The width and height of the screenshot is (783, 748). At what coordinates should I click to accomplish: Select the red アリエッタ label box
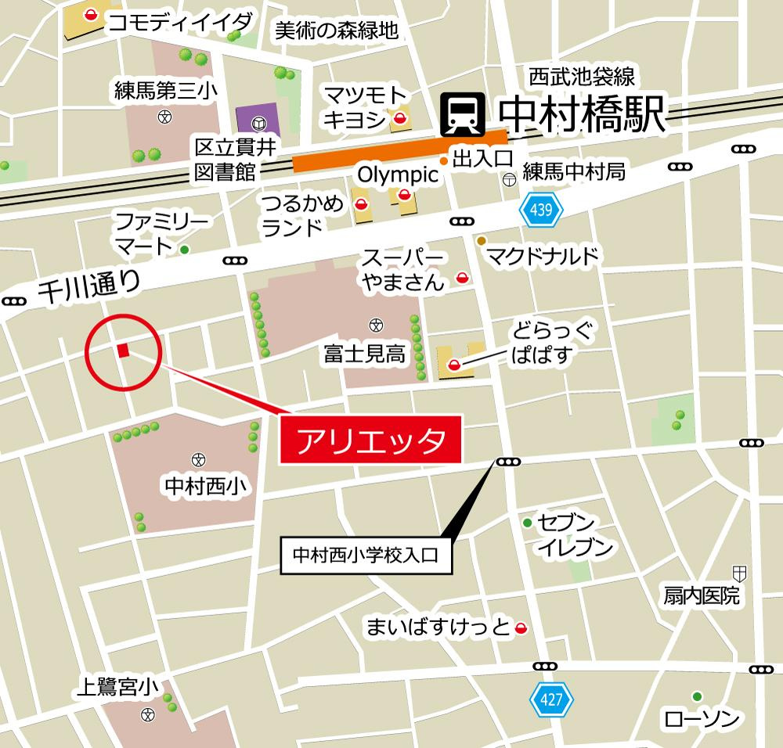click(372, 441)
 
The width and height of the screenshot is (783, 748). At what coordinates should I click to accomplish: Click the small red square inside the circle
click(123, 351)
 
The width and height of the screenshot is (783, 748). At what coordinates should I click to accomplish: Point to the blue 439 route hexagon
click(536, 210)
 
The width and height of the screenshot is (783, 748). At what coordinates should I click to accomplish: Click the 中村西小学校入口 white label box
click(366, 556)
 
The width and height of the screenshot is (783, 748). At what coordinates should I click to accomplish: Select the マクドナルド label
click(542, 256)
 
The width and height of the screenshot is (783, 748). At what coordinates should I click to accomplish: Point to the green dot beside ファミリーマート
click(185, 250)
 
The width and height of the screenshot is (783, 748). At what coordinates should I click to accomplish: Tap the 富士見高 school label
click(365, 354)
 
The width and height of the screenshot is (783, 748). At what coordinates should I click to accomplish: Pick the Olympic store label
click(397, 173)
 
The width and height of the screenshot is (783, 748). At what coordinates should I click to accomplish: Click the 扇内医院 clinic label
click(701, 596)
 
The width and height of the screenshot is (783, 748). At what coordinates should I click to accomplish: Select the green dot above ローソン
click(696, 696)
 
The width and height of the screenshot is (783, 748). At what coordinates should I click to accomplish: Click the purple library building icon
click(258, 123)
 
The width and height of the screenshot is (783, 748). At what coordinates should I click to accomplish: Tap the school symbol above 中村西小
click(198, 459)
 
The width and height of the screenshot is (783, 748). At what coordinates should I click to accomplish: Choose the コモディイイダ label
click(180, 22)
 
